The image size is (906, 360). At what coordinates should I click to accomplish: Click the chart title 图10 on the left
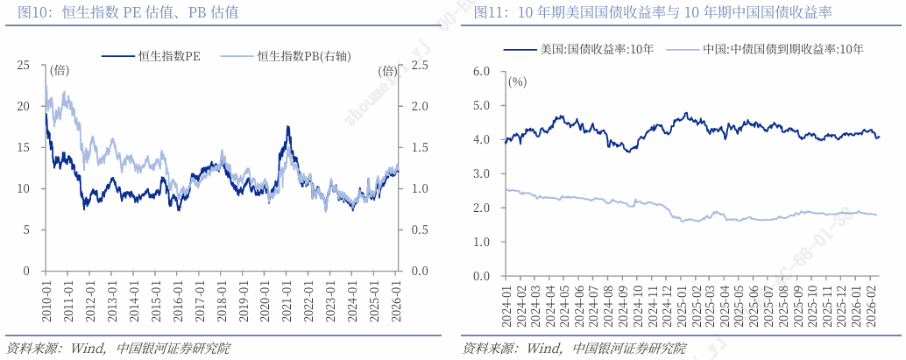click(122, 13)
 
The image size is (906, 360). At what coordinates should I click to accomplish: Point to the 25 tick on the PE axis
click(23, 65)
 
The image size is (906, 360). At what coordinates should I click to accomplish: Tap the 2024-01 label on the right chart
click(506, 302)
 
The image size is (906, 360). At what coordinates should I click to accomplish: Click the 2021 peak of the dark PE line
click(287, 127)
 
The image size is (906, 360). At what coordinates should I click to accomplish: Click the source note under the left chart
click(117, 348)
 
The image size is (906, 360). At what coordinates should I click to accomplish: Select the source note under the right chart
click(574, 348)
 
